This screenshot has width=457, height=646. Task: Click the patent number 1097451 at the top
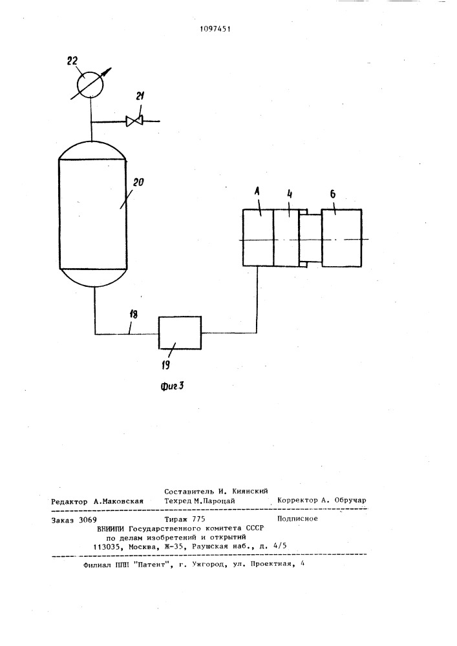[x=215, y=29]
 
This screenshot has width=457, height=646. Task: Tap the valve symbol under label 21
[x=134, y=121]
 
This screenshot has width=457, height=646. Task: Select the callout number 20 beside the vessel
[x=138, y=182]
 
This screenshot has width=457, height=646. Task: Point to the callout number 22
[x=72, y=61]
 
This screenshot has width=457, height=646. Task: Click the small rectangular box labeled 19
[x=180, y=333]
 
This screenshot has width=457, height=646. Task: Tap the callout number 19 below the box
[x=165, y=364]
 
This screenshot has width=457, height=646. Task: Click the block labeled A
[x=258, y=238]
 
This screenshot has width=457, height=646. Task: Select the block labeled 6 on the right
[x=341, y=238]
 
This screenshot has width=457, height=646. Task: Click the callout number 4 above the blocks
[x=290, y=195]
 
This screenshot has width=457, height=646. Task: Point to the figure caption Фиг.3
[x=172, y=386]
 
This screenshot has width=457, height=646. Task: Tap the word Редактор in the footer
[x=69, y=501]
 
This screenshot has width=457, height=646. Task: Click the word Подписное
[x=297, y=518]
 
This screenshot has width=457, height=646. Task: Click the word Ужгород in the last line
[x=208, y=565]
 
